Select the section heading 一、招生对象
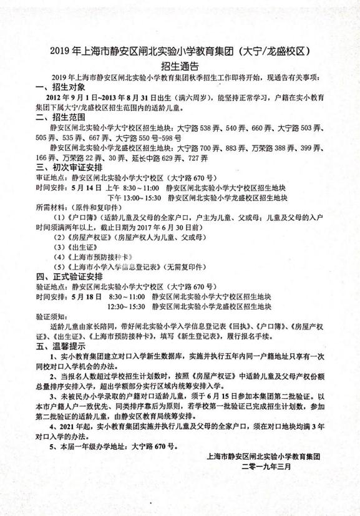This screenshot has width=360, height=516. (x=61, y=87)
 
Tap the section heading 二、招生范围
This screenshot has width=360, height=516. (x=61, y=117)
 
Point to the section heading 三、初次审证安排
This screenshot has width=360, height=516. (x=69, y=168)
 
